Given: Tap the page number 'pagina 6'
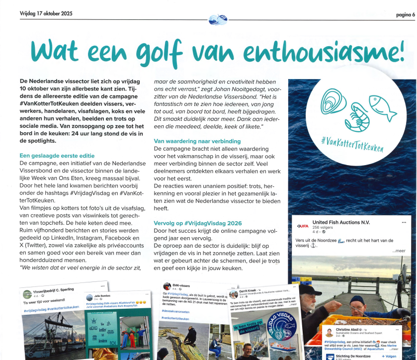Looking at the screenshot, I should pyautogui.click(x=401, y=14).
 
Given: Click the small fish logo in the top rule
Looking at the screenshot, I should pyautogui.click(x=218, y=20).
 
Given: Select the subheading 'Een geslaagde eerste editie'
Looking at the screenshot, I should pyautogui.click(x=57, y=156).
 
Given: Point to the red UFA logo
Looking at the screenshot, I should pyautogui.click(x=303, y=226).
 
